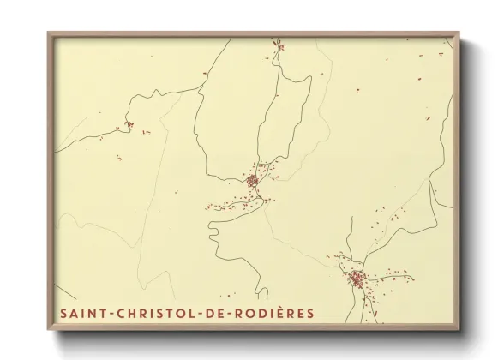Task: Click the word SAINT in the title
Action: pos(81,313)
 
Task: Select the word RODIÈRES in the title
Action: pos(273,313)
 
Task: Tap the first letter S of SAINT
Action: pos(63,313)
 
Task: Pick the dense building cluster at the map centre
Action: pos(252,181)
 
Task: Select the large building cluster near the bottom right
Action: pos(357,278)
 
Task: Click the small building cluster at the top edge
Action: pos(278,43)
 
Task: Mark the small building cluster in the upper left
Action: pos(129,126)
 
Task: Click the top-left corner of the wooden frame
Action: pos(49,33)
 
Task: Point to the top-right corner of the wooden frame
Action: pos(459,33)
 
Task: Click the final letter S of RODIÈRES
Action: pos(310,313)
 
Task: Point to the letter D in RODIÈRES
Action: pos(261,313)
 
